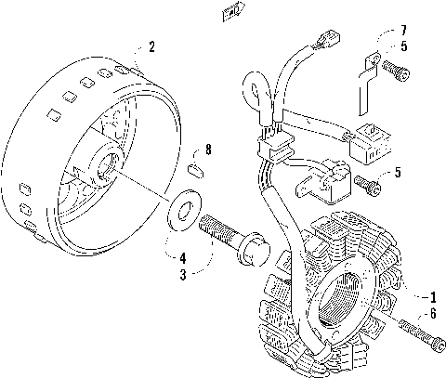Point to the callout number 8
(209, 149)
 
